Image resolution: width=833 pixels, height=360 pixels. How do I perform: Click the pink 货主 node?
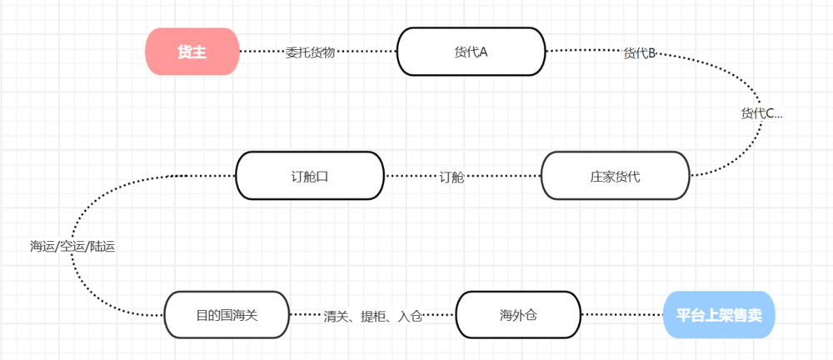click(192, 52)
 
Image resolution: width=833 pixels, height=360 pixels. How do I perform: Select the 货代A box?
click(471, 52)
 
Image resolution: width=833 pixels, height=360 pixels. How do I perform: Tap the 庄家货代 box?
click(615, 176)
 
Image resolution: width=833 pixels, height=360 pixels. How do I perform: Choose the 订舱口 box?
click(310, 176)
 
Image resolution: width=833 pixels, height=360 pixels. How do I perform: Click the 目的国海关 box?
click(227, 315)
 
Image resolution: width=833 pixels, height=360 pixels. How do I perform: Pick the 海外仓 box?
click(517, 315)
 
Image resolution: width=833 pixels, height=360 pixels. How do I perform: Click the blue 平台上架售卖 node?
click(719, 315)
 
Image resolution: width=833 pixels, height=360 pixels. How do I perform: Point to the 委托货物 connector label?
click(310, 52)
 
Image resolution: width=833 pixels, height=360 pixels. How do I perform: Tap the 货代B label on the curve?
click(640, 54)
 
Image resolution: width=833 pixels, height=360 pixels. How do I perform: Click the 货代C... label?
click(761, 113)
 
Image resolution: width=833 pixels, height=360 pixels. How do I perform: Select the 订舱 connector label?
click(452, 177)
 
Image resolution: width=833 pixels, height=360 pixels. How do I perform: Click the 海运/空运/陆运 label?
click(72, 246)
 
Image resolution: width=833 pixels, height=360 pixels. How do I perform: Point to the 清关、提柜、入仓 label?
click(373, 316)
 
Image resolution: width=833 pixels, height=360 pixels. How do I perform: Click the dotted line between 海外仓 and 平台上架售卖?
click(621, 315)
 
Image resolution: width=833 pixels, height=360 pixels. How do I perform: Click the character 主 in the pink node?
click(199, 52)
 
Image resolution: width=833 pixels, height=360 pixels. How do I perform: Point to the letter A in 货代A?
click(482, 52)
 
